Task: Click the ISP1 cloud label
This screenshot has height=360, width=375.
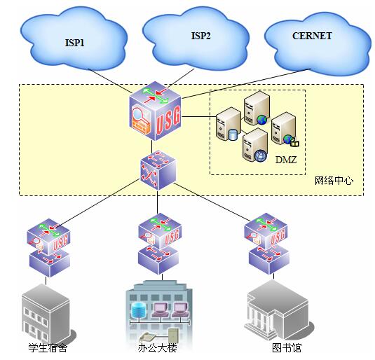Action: point(74,43)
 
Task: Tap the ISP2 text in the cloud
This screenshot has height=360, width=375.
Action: point(200,36)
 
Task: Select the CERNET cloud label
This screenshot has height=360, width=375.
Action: point(312,36)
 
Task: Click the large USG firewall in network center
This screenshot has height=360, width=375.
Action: point(155,111)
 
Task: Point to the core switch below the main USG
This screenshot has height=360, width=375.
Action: point(158,170)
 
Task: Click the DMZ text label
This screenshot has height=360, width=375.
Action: point(286,160)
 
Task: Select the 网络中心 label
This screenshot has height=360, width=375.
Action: point(334,181)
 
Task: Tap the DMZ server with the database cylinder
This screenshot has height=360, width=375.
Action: point(228,124)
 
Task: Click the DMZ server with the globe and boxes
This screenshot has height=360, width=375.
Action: point(285,130)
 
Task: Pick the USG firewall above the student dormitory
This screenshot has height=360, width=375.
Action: point(48,236)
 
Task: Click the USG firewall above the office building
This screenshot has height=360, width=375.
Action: point(160,231)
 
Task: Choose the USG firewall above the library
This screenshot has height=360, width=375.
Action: point(266,231)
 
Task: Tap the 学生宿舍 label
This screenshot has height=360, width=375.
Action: point(48,347)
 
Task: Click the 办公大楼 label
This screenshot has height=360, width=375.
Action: point(158,348)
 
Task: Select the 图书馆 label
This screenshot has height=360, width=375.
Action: point(287,347)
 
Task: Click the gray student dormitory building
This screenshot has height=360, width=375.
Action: point(48,314)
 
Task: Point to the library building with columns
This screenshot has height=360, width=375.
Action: point(278,311)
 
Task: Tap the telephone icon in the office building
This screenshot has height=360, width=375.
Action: point(148,337)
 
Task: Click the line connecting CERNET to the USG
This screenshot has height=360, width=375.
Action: point(246,84)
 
